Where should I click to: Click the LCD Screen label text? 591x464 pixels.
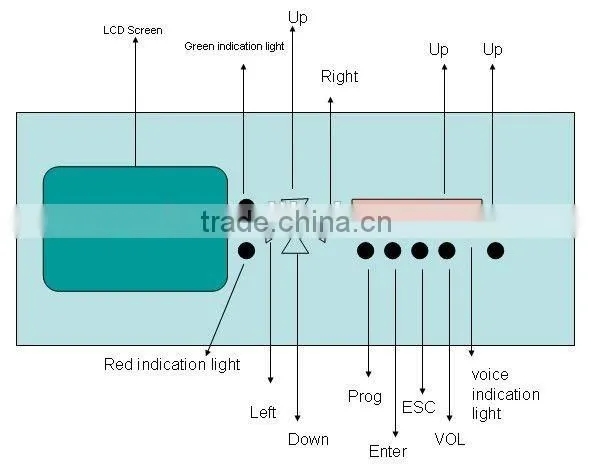[x=133, y=30]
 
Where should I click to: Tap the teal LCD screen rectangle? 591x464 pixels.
[x=135, y=229]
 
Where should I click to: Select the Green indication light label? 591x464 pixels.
[x=234, y=46]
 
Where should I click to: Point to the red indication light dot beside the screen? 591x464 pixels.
[x=247, y=251]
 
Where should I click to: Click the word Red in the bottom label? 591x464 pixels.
[x=118, y=364]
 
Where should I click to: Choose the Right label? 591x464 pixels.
[x=339, y=77]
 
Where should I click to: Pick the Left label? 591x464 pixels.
[x=263, y=412]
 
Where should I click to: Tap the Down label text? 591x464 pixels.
[x=308, y=439]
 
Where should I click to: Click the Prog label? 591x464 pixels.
[x=364, y=397]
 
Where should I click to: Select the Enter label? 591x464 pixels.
[x=388, y=451]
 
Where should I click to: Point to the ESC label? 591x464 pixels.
[x=418, y=407]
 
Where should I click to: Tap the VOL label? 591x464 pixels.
[x=450, y=439]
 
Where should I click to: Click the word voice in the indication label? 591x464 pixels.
[x=490, y=375]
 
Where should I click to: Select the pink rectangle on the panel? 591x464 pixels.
[x=416, y=210]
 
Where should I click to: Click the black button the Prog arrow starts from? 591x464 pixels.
[x=365, y=251]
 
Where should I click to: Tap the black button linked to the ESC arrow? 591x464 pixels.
[x=420, y=251]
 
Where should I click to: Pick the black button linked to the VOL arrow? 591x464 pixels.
[x=447, y=251]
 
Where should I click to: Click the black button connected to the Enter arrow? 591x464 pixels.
[x=392, y=251]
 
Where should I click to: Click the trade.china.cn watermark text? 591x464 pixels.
[x=296, y=222]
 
